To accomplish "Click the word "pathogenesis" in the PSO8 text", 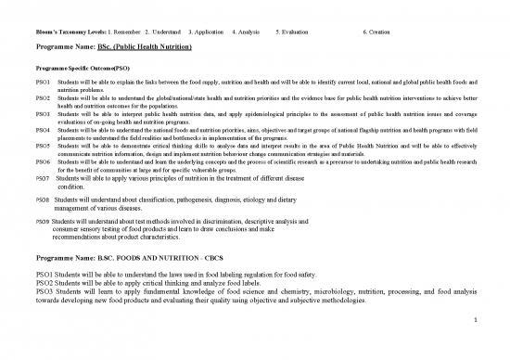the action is pyautogui.click(x=172, y=199).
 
